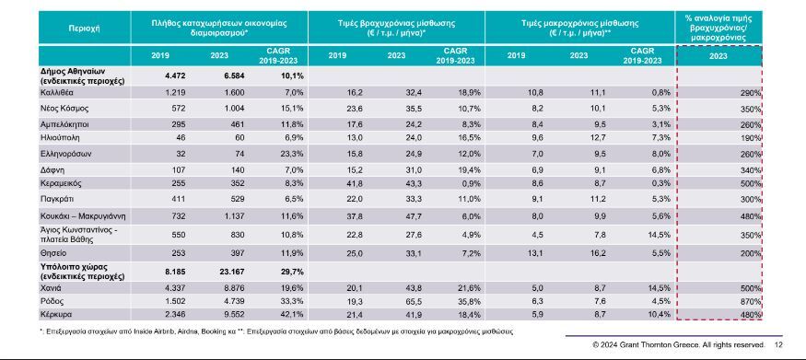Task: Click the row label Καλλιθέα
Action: click(53, 93)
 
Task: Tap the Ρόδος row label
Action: click(51, 301)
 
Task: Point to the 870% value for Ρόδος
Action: click(751, 301)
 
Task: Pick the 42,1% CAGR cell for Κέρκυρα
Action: click(293, 314)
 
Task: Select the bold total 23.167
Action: click(233, 268)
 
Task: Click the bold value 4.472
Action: click(175, 76)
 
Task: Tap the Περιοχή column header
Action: click(84, 29)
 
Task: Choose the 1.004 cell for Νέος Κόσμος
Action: click(234, 109)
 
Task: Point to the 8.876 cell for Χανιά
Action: click(234, 287)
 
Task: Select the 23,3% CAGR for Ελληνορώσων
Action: click(293, 154)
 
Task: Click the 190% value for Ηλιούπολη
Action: click(751, 138)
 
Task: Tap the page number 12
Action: click(778, 344)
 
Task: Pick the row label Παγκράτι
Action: click(55, 199)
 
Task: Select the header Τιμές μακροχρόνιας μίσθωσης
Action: click(579, 24)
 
